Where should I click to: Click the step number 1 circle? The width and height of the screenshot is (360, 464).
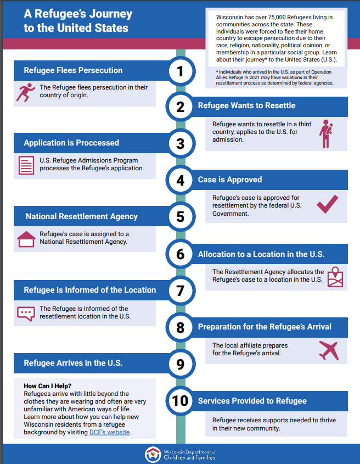(180, 70)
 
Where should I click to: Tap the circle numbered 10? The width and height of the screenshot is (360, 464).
(180, 400)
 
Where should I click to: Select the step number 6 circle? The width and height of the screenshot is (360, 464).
(180, 254)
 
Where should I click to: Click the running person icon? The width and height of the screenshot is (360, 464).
(25, 92)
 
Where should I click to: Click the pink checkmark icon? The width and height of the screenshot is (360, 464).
(328, 203)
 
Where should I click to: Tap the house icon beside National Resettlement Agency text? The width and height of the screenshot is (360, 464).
(26, 239)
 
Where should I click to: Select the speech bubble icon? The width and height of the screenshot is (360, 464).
(26, 313)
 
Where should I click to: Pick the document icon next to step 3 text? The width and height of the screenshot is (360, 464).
(26, 165)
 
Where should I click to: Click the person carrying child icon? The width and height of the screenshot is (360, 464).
(328, 133)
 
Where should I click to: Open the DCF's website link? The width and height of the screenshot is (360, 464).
(110, 433)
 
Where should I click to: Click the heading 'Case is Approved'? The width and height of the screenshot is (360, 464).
(230, 180)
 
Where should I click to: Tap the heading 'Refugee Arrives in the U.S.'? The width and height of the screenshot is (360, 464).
(73, 363)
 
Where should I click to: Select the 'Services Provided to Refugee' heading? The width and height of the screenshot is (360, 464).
(252, 401)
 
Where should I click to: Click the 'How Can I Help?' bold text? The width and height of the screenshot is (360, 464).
(48, 386)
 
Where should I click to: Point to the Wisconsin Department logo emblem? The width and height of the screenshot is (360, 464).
(153, 454)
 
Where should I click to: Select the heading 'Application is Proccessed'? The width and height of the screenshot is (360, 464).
(71, 143)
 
